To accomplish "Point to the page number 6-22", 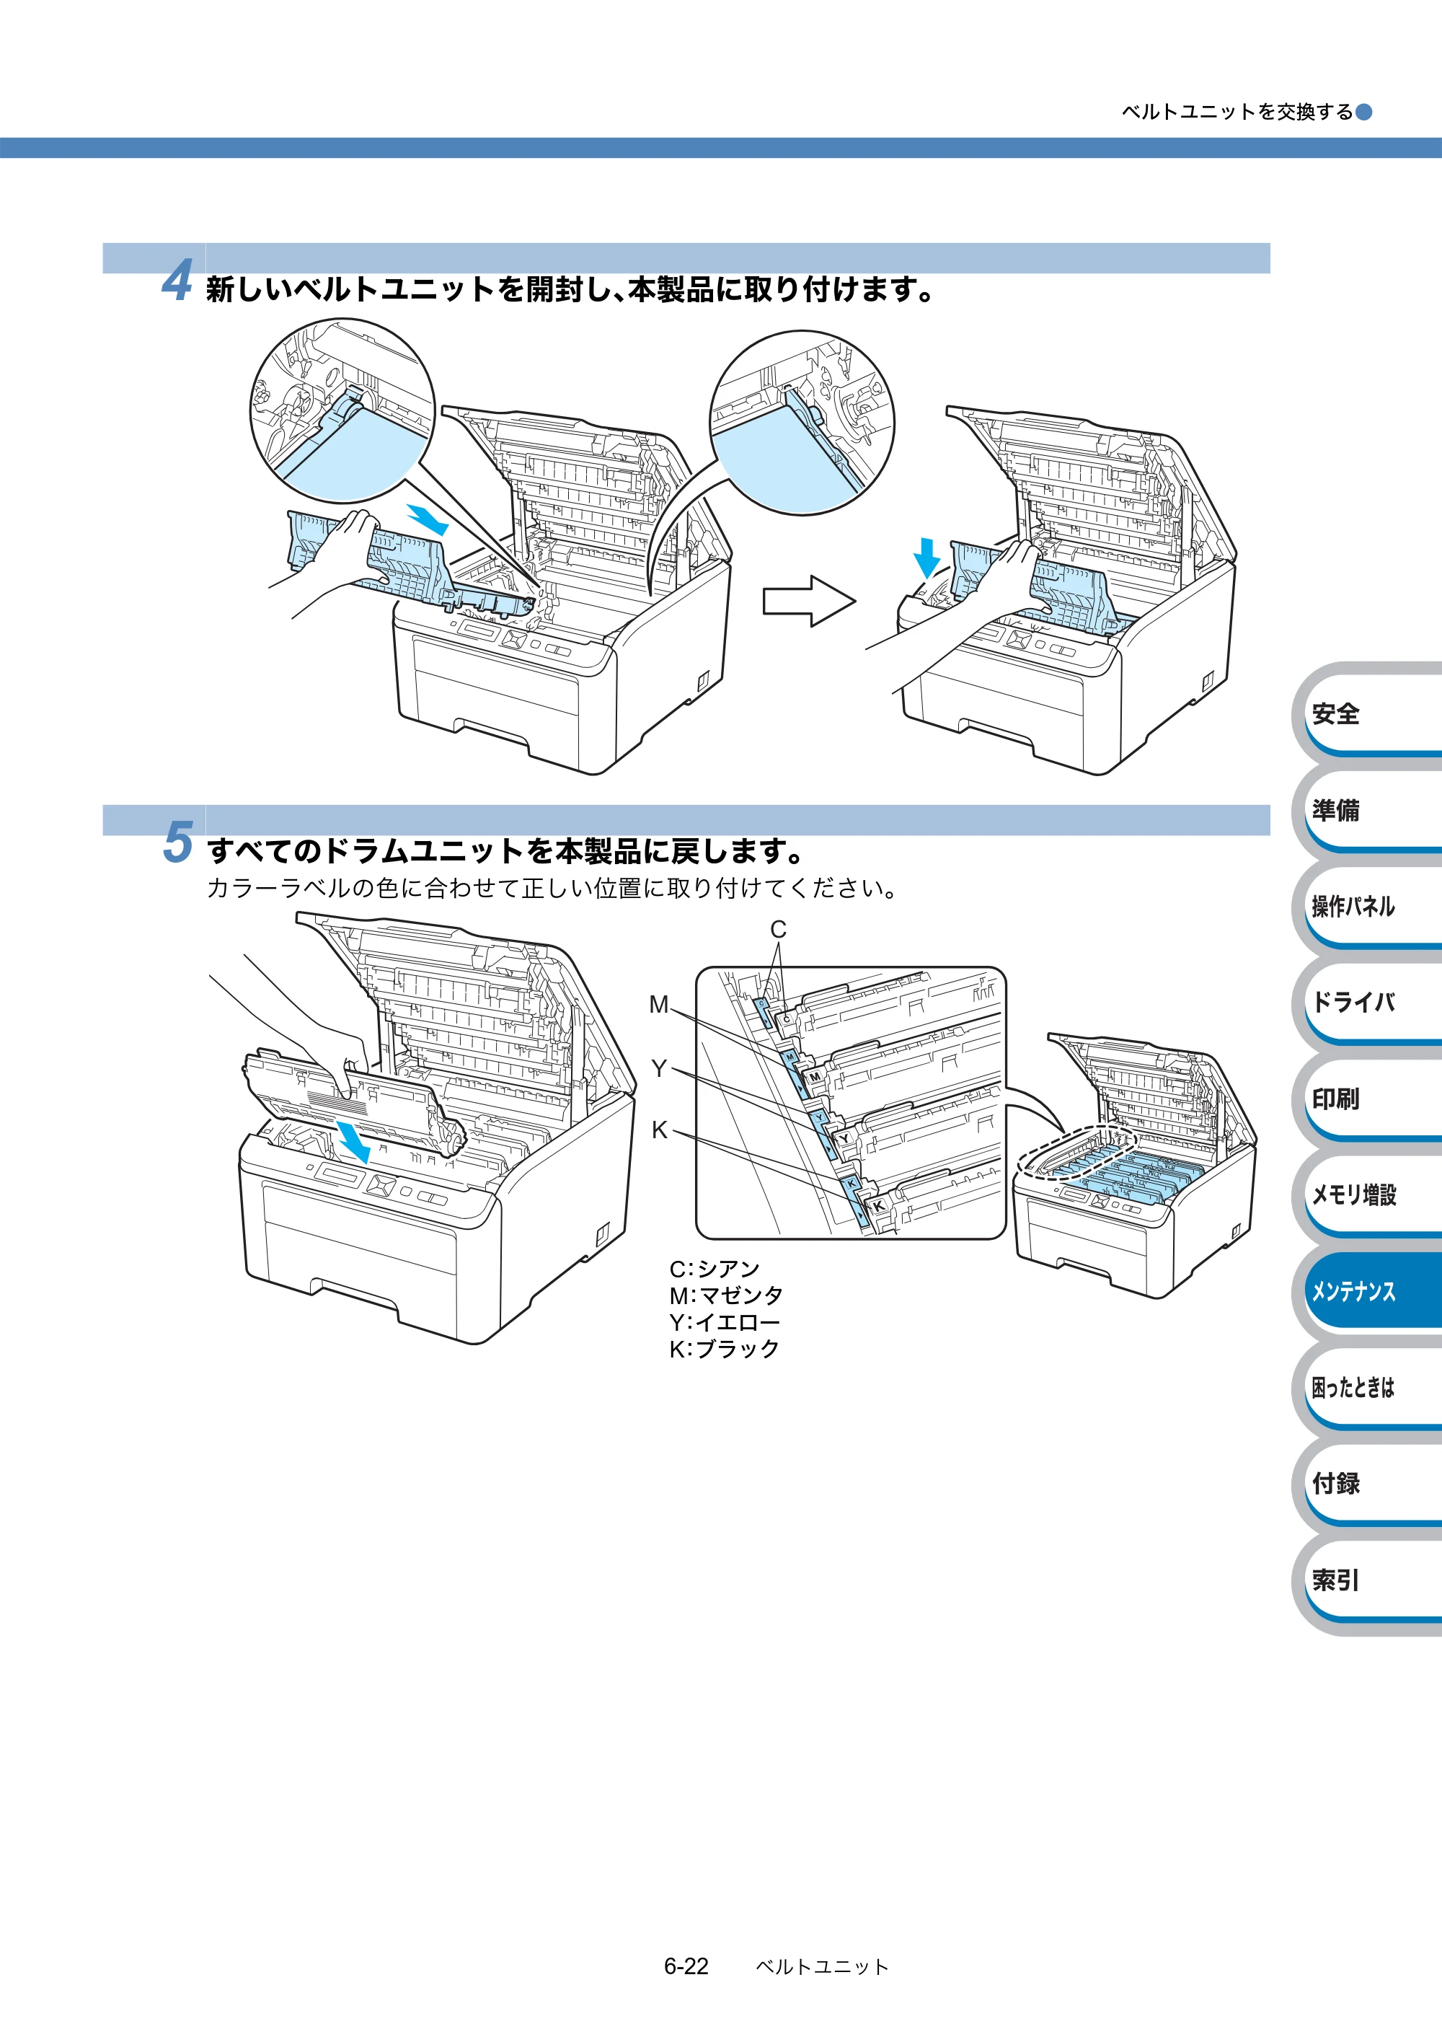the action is [686, 1966].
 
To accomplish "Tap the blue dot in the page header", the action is [1363, 112].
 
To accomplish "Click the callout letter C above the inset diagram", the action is [779, 929].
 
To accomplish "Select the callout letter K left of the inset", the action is [660, 1130].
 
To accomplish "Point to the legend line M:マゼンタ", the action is [725, 1295].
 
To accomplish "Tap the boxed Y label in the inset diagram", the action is [844, 1138].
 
